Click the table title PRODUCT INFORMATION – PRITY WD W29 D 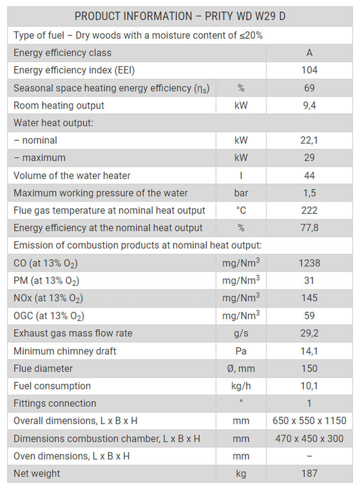(180, 16)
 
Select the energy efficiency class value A (309, 53)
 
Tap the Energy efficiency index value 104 (309, 70)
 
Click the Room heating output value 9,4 (309, 106)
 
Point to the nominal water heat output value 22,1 (309, 140)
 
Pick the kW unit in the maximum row (241, 158)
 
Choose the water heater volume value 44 (309, 176)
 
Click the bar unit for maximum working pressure (241, 193)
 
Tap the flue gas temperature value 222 (309, 210)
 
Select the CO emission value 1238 (309, 263)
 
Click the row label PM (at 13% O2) (46, 281)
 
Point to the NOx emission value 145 (309, 298)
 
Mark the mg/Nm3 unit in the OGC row (241, 315)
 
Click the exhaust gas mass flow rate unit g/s (241, 333)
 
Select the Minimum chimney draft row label (65, 351)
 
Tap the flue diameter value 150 (309, 369)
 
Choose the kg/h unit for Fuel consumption (241, 386)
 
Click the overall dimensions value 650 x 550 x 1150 (309, 421)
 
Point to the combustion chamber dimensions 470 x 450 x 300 (309, 438)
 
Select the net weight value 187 (309, 474)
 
